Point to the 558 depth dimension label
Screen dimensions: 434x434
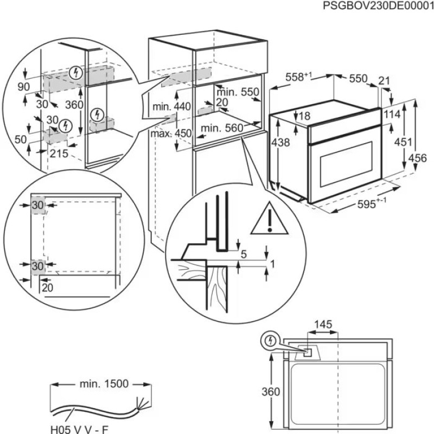(298, 78)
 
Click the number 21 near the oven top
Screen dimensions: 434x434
(384, 81)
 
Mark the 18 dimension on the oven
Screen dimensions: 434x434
(304, 116)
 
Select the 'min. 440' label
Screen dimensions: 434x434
(171, 107)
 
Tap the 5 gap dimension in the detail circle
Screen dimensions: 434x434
(244, 254)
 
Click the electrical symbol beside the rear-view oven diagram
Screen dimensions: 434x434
(270, 341)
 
